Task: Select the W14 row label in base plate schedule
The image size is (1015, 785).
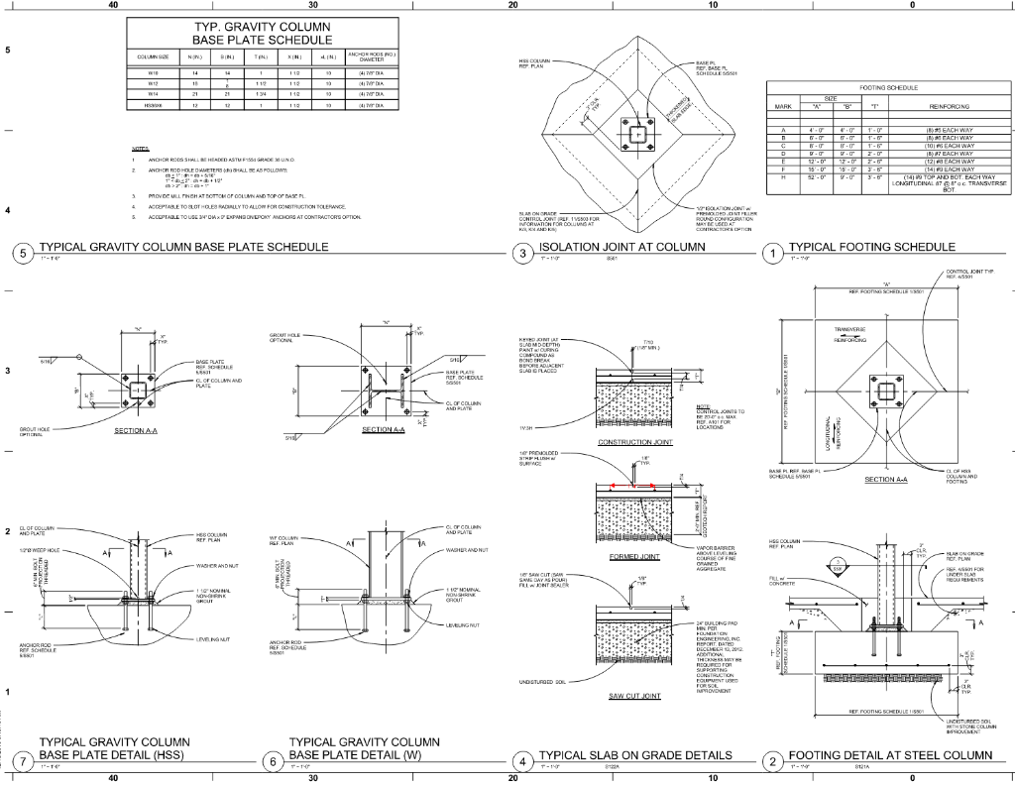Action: tap(154, 92)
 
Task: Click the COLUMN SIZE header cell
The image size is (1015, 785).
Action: tap(154, 56)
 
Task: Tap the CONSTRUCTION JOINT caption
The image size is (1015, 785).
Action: tap(635, 442)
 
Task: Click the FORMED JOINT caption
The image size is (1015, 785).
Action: tap(635, 557)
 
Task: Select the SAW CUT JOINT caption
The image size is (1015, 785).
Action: tap(635, 696)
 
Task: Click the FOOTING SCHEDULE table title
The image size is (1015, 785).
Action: tap(888, 87)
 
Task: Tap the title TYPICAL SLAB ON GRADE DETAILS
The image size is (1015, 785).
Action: tap(635, 755)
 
